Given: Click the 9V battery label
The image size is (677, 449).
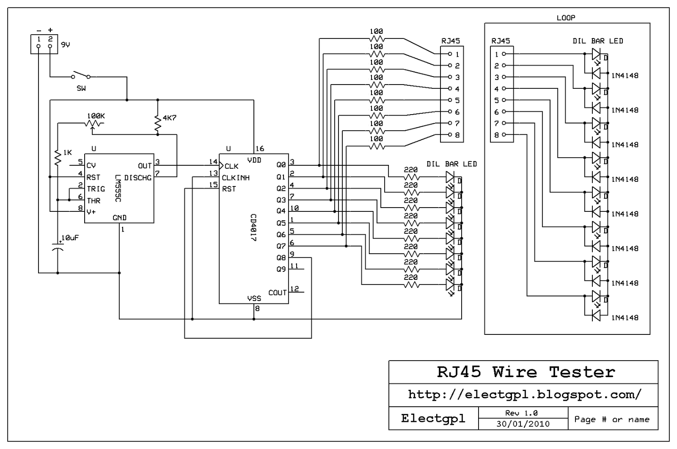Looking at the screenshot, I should (66, 44).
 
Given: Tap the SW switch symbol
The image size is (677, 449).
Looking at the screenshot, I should (80, 77).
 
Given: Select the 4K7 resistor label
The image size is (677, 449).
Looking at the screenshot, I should (169, 118).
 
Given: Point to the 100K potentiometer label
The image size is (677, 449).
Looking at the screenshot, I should (96, 116).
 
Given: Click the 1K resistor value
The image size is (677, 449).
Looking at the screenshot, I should (67, 153).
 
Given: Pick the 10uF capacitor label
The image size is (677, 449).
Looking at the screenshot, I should (70, 238).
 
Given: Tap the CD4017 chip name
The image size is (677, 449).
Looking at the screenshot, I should (253, 227).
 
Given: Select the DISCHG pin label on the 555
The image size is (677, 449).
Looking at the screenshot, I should (138, 178).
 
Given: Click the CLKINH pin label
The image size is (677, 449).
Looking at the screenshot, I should (236, 178).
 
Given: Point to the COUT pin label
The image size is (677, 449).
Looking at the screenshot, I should (278, 293).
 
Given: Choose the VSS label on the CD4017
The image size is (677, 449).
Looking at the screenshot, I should (254, 298).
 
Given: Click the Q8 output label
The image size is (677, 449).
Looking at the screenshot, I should (281, 257).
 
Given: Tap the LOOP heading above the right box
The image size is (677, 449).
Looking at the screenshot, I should (566, 18).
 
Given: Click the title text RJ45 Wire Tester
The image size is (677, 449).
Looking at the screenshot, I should (526, 372).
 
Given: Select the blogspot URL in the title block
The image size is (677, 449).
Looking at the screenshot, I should (525, 395).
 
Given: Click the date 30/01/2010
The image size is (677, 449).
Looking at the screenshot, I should (523, 424).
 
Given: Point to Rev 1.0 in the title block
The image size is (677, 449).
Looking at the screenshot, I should (521, 413).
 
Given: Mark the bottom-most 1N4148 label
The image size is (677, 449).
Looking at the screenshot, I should (625, 318).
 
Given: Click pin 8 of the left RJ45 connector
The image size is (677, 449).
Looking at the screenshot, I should (457, 135).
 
